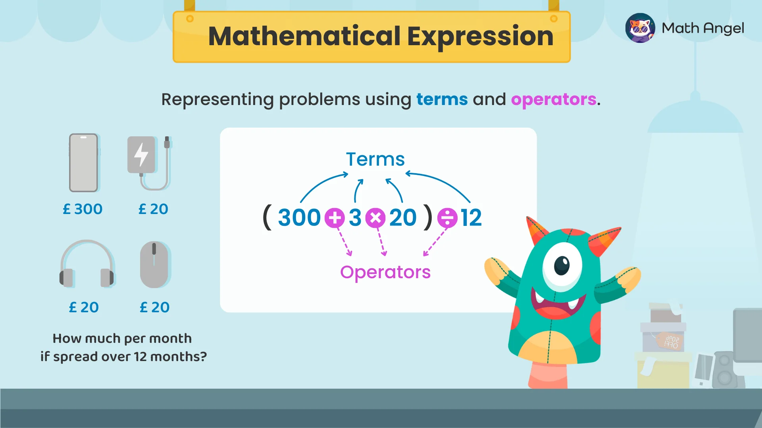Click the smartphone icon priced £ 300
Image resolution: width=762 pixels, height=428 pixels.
tap(83, 163)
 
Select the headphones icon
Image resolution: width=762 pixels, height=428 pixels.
tap(87, 264)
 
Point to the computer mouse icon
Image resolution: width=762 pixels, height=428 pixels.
tap(154, 265)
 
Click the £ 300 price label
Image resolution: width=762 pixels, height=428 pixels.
tap(83, 209)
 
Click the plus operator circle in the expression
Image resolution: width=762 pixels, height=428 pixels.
tap(335, 218)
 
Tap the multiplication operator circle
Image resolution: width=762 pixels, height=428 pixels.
tap(375, 218)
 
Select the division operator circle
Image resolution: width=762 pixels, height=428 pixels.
tap(447, 218)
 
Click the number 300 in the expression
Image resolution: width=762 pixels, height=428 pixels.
tap(299, 218)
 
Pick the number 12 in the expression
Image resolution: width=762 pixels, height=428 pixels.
tap(471, 218)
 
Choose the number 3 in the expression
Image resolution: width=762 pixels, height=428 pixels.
tap(355, 218)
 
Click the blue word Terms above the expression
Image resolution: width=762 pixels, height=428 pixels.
tap(375, 159)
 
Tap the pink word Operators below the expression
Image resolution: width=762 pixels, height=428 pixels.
tap(385, 272)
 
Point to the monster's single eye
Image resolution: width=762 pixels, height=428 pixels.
tap(562, 265)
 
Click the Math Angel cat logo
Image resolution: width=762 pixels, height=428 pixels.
tap(640, 28)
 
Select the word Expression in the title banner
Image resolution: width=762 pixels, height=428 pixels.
tap(480, 36)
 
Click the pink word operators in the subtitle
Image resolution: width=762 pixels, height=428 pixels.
tap(554, 99)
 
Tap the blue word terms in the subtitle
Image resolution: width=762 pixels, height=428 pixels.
tap(442, 99)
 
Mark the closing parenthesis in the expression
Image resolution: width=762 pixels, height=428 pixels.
tap(428, 218)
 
